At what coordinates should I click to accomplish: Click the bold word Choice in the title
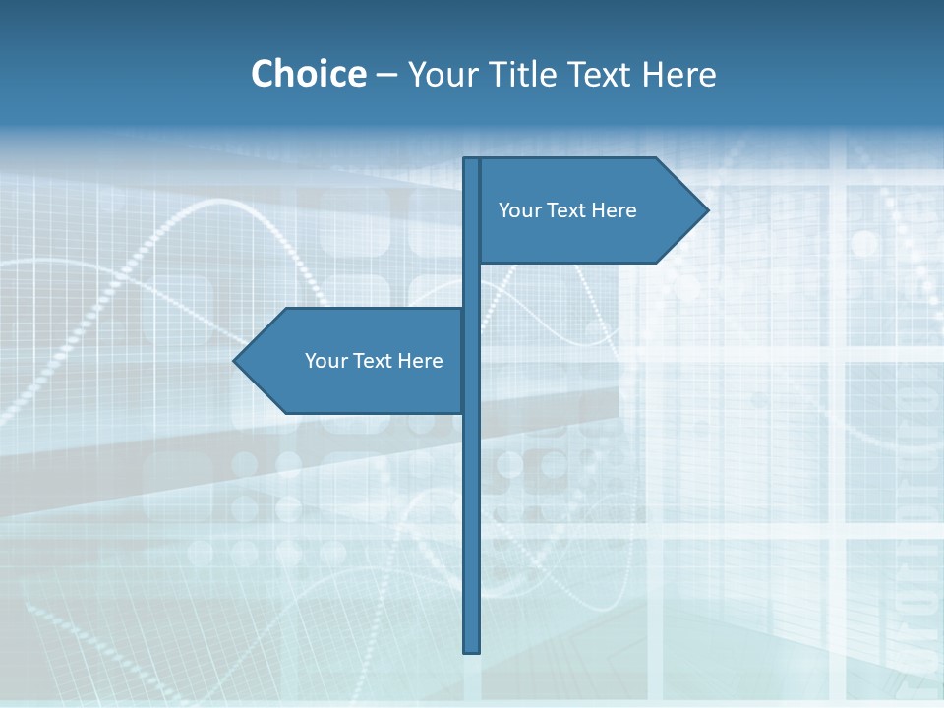pos(308,74)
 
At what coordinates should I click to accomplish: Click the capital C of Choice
pos(265,74)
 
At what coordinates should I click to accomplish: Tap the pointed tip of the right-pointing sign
pos(707,209)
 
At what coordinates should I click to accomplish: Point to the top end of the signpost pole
pos(472,159)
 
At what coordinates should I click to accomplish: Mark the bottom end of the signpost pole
pos(472,651)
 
